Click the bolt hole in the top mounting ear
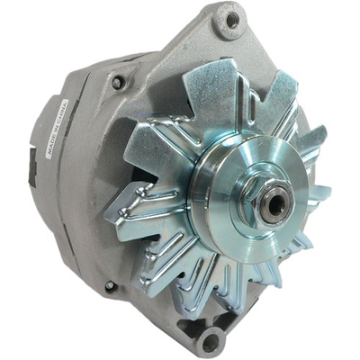pos(232,19)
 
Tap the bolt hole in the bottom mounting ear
pos(211,341)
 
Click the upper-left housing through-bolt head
pos(117,82)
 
